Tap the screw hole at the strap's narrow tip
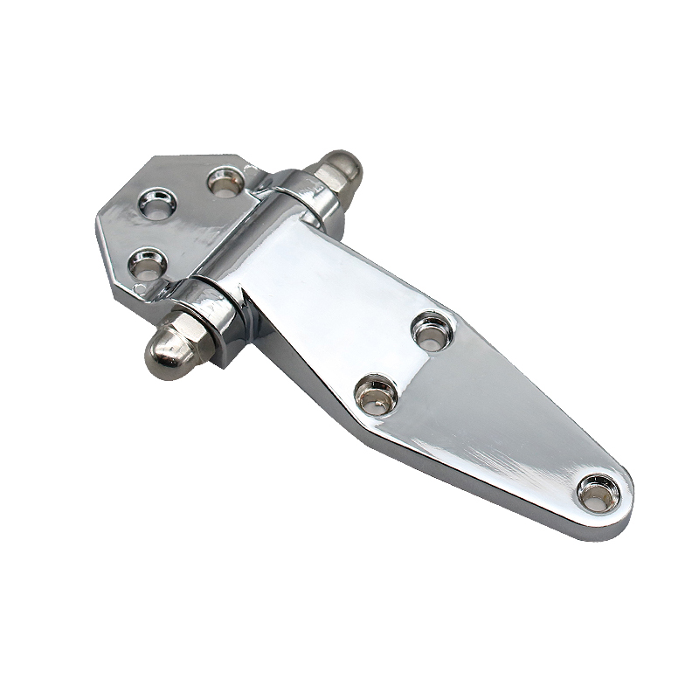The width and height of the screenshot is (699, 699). (599, 493)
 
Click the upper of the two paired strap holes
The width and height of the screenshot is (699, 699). (432, 331)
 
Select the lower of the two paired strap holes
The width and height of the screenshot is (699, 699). (376, 394)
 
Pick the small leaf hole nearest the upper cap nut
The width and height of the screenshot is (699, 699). (225, 181)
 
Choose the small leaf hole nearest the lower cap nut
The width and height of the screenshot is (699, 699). (147, 261)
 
